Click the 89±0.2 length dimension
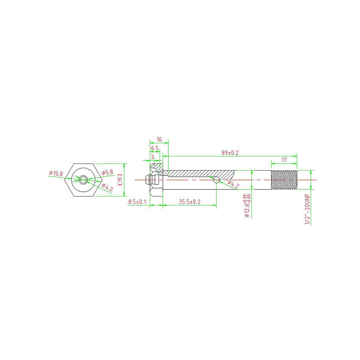tap(230, 153)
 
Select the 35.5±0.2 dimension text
tap(189, 202)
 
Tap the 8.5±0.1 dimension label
tap(137, 202)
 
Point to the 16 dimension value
tap(159, 139)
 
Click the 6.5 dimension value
tap(155, 148)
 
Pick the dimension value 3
tap(153, 157)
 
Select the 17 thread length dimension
tap(284, 160)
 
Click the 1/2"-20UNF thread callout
tap(307, 209)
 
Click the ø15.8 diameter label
tap(56, 173)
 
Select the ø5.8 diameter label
tap(107, 172)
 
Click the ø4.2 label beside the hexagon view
tap(107, 186)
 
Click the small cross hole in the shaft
tap(216, 180)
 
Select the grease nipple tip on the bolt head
tap(147, 180)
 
